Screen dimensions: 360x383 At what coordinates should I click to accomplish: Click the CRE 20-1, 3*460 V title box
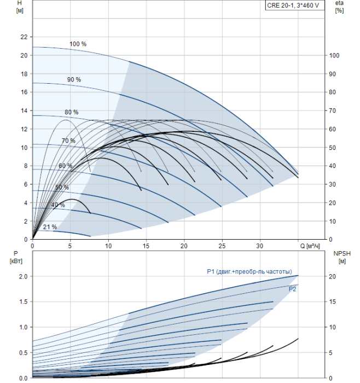(x=295, y=5)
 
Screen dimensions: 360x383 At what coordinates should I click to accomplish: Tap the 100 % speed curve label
(x=78, y=44)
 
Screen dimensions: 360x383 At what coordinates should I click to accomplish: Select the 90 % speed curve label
(x=74, y=80)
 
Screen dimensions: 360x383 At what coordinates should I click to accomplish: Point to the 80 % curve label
(x=71, y=112)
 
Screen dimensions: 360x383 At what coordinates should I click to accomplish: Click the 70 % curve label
(x=68, y=141)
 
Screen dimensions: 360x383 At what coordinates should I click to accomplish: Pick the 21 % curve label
(x=50, y=227)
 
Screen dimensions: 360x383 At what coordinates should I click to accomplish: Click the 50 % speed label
(x=62, y=187)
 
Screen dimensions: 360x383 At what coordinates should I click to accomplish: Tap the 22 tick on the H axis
(x=24, y=37)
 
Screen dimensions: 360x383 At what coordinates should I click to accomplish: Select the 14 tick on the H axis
(x=24, y=111)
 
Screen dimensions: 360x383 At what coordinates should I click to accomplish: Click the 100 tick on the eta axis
(x=334, y=55)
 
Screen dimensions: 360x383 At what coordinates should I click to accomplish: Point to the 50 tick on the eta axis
(x=333, y=148)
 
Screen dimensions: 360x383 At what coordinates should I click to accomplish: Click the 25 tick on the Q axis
(x=222, y=246)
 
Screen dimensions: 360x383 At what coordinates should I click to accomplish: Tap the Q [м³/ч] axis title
(x=310, y=246)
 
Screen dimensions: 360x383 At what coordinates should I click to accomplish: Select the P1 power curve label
(x=249, y=271)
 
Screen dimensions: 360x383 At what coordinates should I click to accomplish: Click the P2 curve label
(x=292, y=289)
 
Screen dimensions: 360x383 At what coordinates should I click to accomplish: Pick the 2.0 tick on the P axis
(x=23, y=276)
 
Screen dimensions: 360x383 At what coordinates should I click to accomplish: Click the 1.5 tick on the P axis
(x=23, y=301)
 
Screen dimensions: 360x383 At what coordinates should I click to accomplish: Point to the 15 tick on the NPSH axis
(x=333, y=301)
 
